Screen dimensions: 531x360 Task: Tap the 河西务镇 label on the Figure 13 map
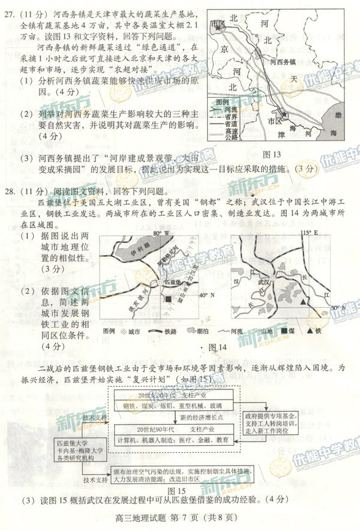click(x=281, y=61)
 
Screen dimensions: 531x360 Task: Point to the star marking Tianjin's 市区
click(x=285, y=114)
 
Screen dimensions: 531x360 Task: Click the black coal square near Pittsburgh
click(x=170, y=299)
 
